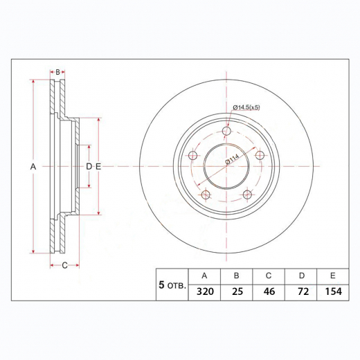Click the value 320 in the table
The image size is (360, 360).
pyautogui.click(x=204, y=292)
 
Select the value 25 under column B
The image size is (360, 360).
pyautogui.click(x=236, y=292)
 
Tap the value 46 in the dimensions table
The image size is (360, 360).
pyautogui.click(x=269, y=292)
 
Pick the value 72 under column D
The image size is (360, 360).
pyautogui.click(x=301, y=292)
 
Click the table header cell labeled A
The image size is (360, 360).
pyautogui.click(x=204, y=275)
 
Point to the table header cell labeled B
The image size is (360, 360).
pyautogui.click(x=236, y=275)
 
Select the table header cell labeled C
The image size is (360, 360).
pyautogui.click(x=269, y=275)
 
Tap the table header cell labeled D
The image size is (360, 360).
pyautogui.click(x=301, y=275)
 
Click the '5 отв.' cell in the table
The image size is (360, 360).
pyautogui.click(x=172, y=284)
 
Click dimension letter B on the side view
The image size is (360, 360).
pyautogui.click(x=58, y=72)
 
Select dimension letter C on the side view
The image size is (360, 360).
pyautogui.click(x=64, y=265)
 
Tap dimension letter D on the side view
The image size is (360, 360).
pyautogui.click(x=89, y=167)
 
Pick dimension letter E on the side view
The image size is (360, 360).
pyautogui.click(x=98, y=167)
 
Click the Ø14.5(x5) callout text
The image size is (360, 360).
pyautogui.click(x=246, y=107)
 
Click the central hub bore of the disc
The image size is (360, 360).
pyautogui.click(x=226, y=167)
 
